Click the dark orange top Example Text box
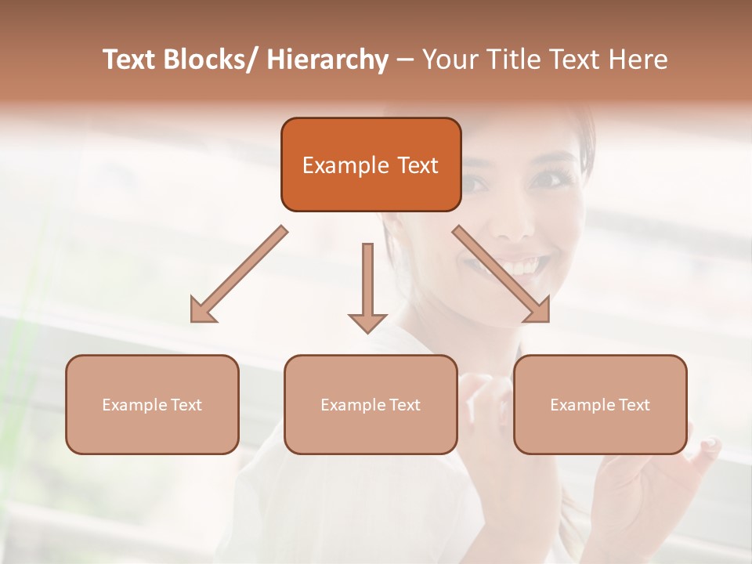[371, 164]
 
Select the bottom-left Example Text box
[152, 404]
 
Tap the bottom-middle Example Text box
[371, 404]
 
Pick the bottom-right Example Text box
[600, 404]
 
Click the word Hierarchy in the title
[327, 60]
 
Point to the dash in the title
[405, 60]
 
